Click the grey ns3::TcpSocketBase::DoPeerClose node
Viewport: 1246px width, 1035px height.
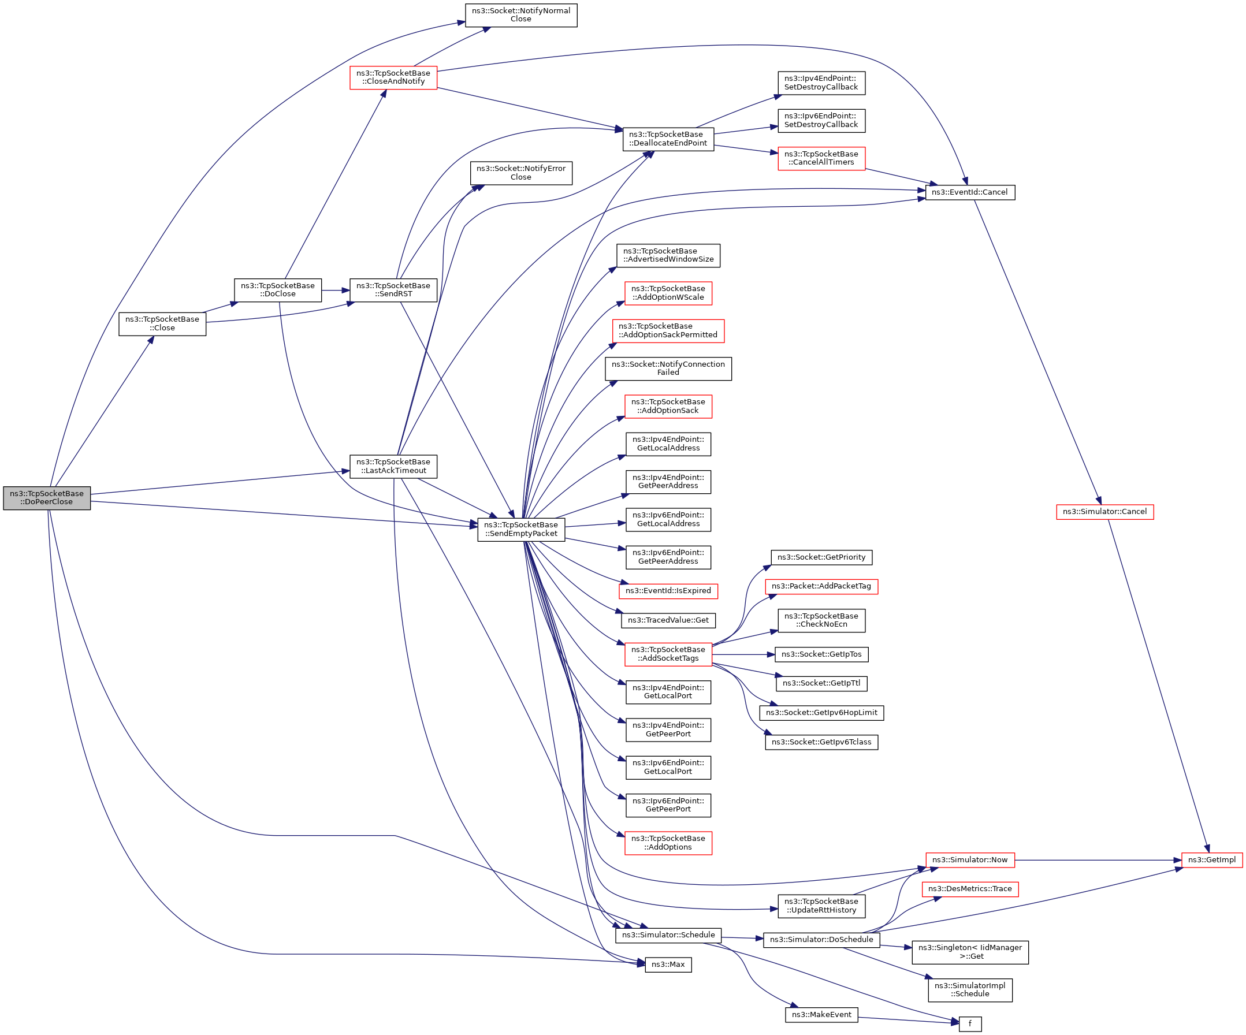click(47, 498)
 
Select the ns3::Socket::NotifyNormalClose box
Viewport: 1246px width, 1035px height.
click(521, 15)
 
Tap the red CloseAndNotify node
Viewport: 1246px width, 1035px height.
click(393, 78)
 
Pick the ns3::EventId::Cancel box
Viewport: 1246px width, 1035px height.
click(970, 192)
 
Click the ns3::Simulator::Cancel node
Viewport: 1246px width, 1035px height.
click(1105, 512)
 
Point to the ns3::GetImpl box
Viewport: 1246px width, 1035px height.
click(1211, 860)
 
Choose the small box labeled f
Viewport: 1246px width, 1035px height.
click(970, 1023)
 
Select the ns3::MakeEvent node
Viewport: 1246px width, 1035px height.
click(821, 1015)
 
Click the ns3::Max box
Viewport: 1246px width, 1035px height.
click(668, 965)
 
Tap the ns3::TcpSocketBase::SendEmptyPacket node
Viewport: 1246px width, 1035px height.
click(521, 529)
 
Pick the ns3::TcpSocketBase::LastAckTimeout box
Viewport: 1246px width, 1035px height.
click(393, 466)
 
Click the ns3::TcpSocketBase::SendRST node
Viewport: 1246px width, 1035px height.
click(393, 290)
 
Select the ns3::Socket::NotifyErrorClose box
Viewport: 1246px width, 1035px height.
click(521, 173)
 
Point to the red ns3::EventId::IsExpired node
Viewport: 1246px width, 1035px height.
click(668, 591)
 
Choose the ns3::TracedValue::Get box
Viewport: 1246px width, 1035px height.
click(668, 620)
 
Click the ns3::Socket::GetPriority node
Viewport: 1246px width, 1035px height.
click(821, 557)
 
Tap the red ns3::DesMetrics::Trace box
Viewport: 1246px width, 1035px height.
click(970, 889)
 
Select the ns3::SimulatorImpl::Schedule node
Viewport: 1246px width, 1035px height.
click(970, 990)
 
